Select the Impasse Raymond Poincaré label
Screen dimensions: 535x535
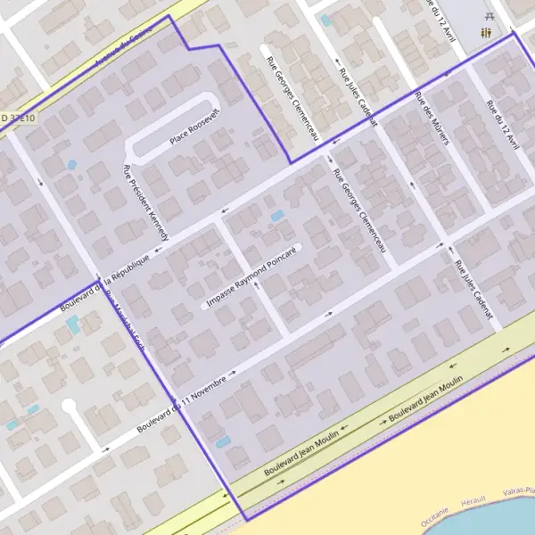[251, 277]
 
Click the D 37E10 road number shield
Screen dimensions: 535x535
[18, 118]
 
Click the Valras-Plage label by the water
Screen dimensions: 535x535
[517, 490]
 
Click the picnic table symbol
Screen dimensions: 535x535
[489, 15]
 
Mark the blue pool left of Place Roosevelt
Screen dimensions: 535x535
[71, 165]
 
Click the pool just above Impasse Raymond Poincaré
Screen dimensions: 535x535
[277, 216]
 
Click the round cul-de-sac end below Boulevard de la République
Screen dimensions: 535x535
[69, 406]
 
